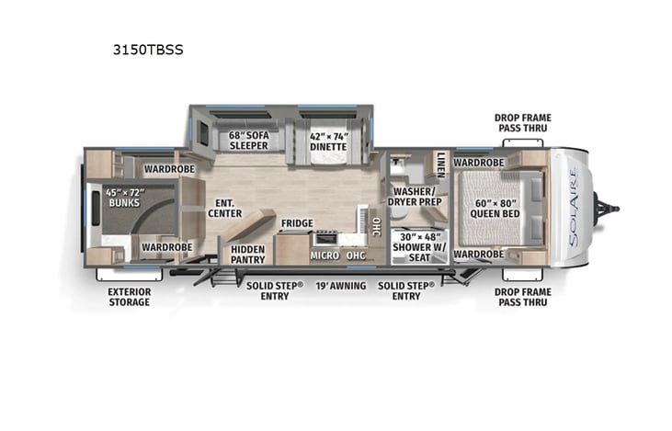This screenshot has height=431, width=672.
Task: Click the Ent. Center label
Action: pos(223,210)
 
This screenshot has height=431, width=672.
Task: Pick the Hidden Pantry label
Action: pos(248,254)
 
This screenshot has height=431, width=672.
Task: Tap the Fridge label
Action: pos(297,223)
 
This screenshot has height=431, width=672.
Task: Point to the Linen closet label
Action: pos(441,164)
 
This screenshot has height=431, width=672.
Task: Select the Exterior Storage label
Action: pos(129,296)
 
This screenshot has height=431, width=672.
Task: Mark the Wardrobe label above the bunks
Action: pos(166,169)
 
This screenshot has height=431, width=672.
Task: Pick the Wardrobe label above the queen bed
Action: pos(478,163)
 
